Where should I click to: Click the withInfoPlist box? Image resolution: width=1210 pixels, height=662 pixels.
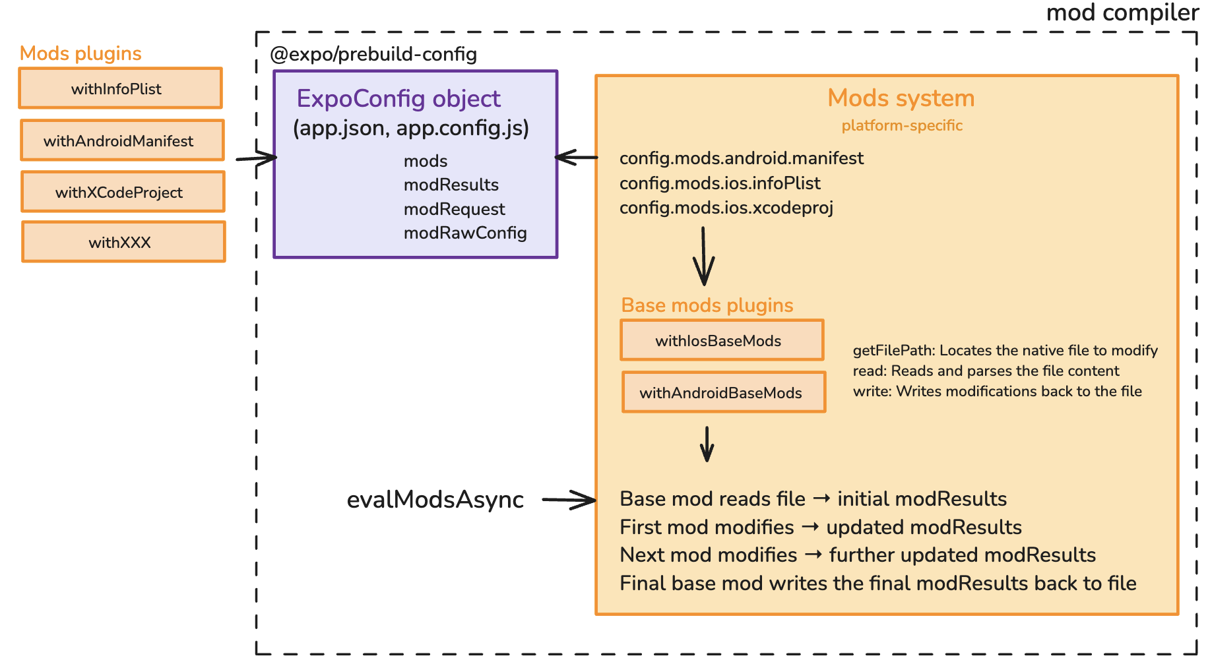[x=120, y=88]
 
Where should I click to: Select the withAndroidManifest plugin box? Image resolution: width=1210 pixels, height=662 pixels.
[x=122, y=140]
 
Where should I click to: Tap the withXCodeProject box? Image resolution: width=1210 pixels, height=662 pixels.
[x=123, y=192]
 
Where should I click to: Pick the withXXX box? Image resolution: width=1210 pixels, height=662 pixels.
[x=123, y=242]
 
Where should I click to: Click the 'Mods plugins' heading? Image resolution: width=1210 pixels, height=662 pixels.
[x=80, y=53]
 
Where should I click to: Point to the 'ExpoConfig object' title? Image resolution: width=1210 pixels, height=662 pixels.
[x=398, y=98]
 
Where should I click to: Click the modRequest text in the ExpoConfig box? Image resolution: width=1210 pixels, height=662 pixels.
[x=454, y=209]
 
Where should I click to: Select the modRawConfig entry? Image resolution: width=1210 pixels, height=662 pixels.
[x=465, y=233]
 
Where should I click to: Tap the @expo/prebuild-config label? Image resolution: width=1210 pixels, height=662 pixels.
[x=373, y=54]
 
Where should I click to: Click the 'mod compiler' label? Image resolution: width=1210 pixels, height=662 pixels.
[x=1122, y=13]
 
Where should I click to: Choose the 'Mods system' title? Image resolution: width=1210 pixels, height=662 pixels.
[x=901, y=98]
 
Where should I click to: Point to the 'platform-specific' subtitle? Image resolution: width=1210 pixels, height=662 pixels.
[x=902, y=125]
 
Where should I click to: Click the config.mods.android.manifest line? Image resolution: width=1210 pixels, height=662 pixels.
[x=742, y=158]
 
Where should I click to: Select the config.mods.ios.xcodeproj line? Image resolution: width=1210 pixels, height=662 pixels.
[x=726, y=208]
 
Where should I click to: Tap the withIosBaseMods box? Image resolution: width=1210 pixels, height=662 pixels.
[x=722, y=340]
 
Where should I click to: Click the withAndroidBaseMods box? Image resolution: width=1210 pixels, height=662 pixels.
[x=724, y=392]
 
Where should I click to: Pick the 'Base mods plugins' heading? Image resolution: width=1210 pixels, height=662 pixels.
[x=707, y=305]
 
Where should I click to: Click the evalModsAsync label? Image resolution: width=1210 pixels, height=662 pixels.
[x=435, y=500]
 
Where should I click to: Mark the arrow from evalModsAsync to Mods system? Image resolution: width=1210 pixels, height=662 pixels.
[x=569, y=500]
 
